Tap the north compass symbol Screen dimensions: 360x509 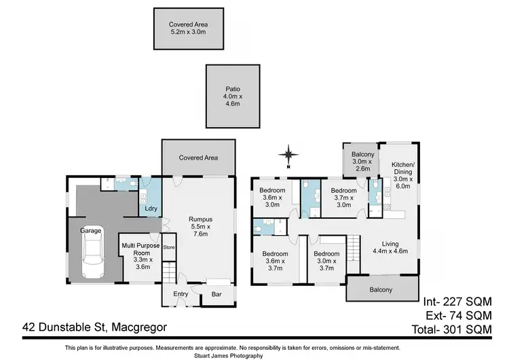(x=288, y=156)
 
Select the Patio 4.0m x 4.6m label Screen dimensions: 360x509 (x=233, y=96)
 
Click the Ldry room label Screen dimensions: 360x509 (x=151, y=209)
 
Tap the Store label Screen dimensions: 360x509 (x=168, y=247)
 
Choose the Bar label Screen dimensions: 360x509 (x=216, y=295)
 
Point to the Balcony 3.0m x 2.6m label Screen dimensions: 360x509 (x=362, y=162)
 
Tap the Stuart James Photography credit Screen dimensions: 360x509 (x=253, y=355)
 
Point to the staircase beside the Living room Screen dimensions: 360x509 (x=353, y=249)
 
